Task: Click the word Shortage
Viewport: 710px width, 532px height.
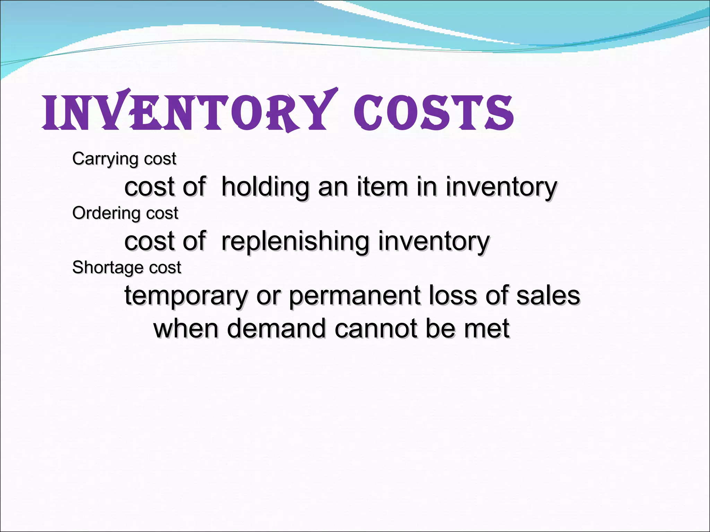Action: tap(107, 268)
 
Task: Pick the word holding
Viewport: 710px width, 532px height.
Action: tap(265, 187)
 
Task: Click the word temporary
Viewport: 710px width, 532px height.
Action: tap(186, 296)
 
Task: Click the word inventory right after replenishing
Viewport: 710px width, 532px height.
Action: tap(434, 241)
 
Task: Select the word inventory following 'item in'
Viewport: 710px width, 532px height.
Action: tap(501, 187)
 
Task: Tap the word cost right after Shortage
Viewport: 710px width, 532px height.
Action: tap(165, 268)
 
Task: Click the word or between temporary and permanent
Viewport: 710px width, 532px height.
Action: tap(268, 296)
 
